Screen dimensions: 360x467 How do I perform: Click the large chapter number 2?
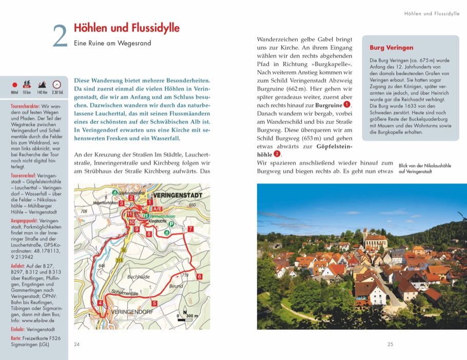coord(60,36)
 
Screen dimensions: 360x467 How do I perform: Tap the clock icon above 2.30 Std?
coord(57,84)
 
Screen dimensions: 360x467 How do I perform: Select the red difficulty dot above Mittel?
coord(15,85)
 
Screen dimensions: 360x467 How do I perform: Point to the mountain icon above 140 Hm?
coord(43,84)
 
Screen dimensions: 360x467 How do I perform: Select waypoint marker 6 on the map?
coord(199,277)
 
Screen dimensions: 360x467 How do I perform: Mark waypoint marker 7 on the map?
coord(190,229)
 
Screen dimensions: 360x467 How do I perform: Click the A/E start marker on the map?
coord(158,210)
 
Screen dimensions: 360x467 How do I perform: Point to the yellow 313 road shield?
coord(120,260)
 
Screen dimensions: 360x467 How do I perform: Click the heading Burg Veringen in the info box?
coord(392,48)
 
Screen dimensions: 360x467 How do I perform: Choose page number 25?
coord(390,344)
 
